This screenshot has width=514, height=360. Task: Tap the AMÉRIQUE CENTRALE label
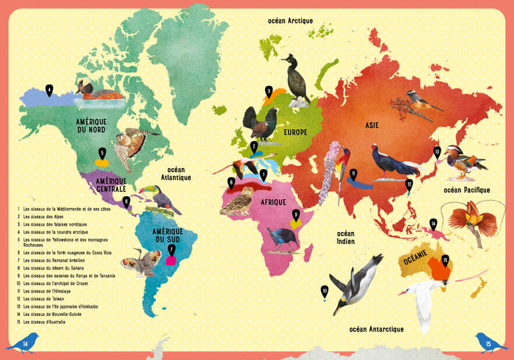coord(101,184)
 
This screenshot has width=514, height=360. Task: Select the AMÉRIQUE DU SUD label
coord(167,236)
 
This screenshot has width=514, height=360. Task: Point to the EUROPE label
coord(295,132)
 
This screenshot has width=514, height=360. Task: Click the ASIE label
coord(372,125)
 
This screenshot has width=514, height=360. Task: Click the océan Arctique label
coord(289,21)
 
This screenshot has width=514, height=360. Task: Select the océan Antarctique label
coord(377,328)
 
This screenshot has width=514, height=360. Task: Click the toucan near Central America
coord(162,198)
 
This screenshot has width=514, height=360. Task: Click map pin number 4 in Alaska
coord(49,90)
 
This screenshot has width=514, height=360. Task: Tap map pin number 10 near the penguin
coord(324,292)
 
